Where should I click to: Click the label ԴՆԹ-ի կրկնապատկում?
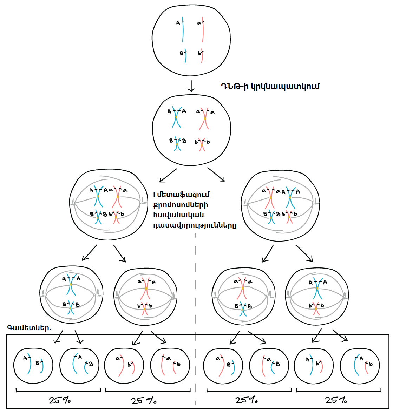click(270, 86)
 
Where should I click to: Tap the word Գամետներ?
click(29, 328)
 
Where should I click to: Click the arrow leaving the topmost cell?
click(191, 86)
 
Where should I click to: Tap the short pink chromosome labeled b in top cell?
click(202, 56)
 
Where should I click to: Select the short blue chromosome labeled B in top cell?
click(185, 56)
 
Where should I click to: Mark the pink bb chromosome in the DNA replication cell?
click(202, 145)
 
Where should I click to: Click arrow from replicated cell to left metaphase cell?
click(168, 175)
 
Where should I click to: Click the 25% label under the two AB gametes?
click(59, 400)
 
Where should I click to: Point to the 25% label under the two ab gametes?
click(144, 401)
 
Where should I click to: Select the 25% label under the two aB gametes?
click(247, 400)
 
